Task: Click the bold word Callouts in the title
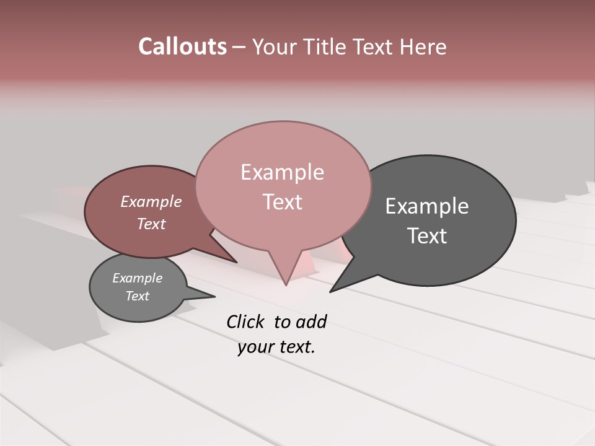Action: (182, 46)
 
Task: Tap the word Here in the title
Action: (424, 46)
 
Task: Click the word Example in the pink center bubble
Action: (282, 172)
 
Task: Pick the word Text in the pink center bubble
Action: (282, 202)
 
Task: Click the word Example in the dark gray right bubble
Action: (427, 206)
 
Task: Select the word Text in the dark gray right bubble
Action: (427, 236)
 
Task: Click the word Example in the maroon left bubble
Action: (151, 202)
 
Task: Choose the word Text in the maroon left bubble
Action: (151, 224)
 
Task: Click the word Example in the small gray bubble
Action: (137, 278)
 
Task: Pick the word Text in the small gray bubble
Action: (137, 296)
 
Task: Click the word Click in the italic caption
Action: (245, 321)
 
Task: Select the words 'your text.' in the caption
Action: (276, 347)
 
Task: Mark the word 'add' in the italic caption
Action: (311, 321)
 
